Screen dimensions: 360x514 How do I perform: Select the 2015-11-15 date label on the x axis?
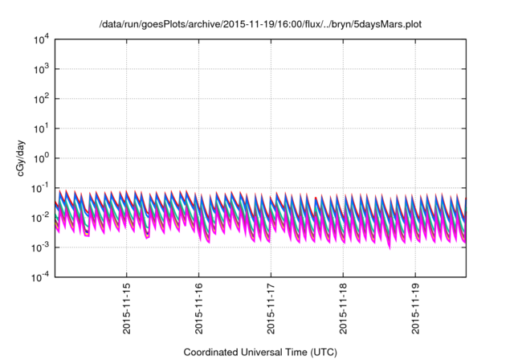coord(126,308)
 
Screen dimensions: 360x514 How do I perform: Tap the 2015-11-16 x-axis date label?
coord(198,308)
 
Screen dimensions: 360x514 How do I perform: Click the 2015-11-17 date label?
coord(271,308)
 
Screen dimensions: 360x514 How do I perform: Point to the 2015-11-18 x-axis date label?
coord(343,308)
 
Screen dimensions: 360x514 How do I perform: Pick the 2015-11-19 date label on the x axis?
coord(415,308)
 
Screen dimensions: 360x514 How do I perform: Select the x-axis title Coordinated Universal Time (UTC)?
coord(259,352)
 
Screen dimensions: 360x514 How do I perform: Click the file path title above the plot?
coord(259,23)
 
